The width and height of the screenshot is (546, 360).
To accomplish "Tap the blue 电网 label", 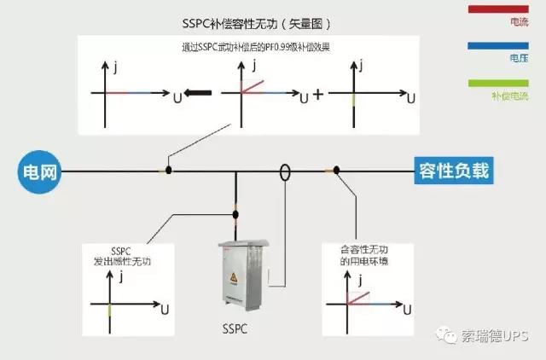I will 41,171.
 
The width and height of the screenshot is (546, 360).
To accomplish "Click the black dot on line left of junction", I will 169,171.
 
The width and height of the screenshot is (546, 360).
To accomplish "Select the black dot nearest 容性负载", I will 337,171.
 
